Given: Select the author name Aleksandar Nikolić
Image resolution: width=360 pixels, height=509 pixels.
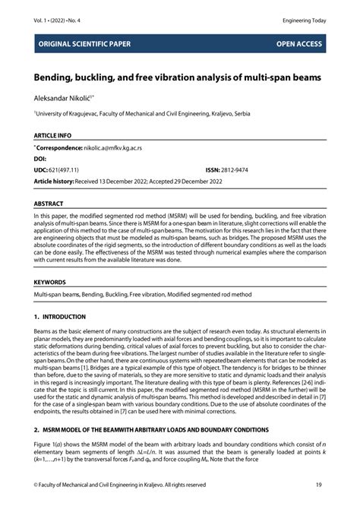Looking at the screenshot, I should click(x=62, y=98).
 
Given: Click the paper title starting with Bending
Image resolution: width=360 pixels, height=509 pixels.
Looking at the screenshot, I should click(x=176, y=78).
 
